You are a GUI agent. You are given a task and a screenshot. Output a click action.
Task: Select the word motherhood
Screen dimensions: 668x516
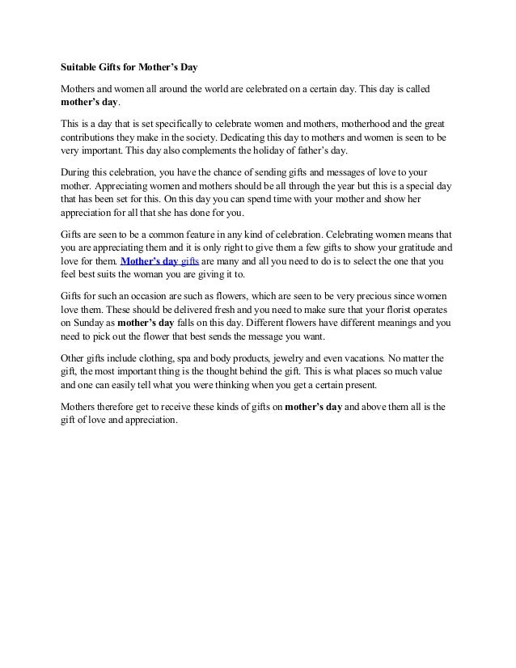click(349, 125)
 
